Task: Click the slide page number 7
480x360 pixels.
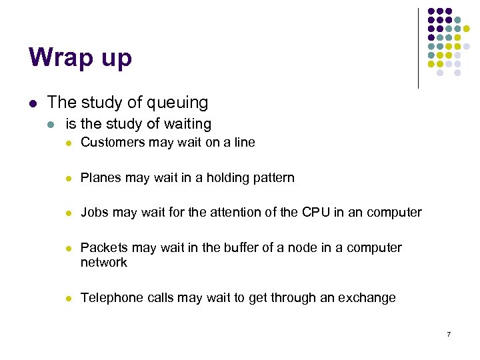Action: point(449,333)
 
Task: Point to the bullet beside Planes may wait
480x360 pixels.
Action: point(68,178)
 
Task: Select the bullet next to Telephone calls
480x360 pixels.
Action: point(68,299)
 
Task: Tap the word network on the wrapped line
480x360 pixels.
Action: point(103,263)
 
